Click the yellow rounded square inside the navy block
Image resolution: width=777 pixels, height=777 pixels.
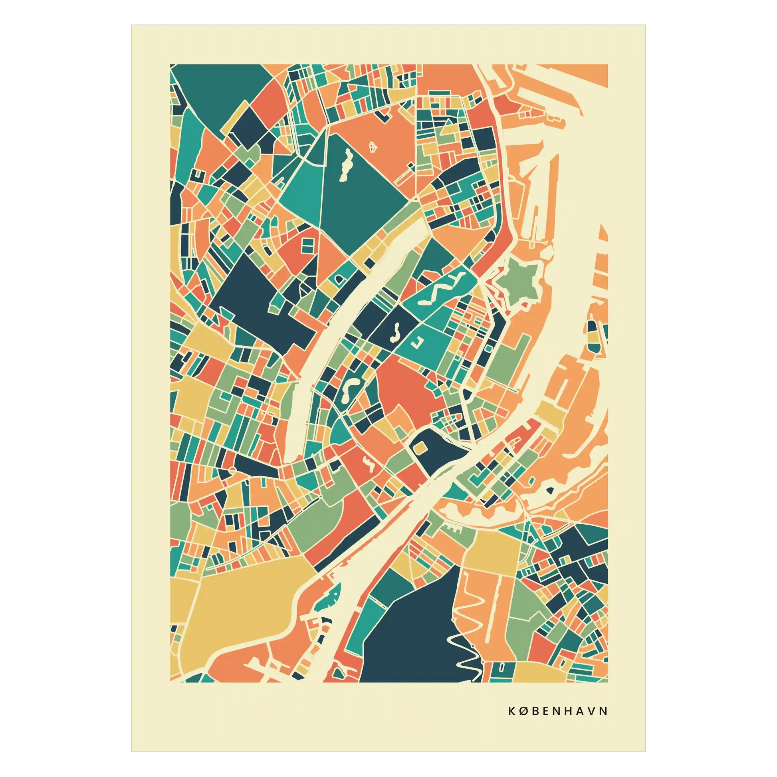point(420,448)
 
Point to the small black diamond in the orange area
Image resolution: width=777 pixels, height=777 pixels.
point(549,490)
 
